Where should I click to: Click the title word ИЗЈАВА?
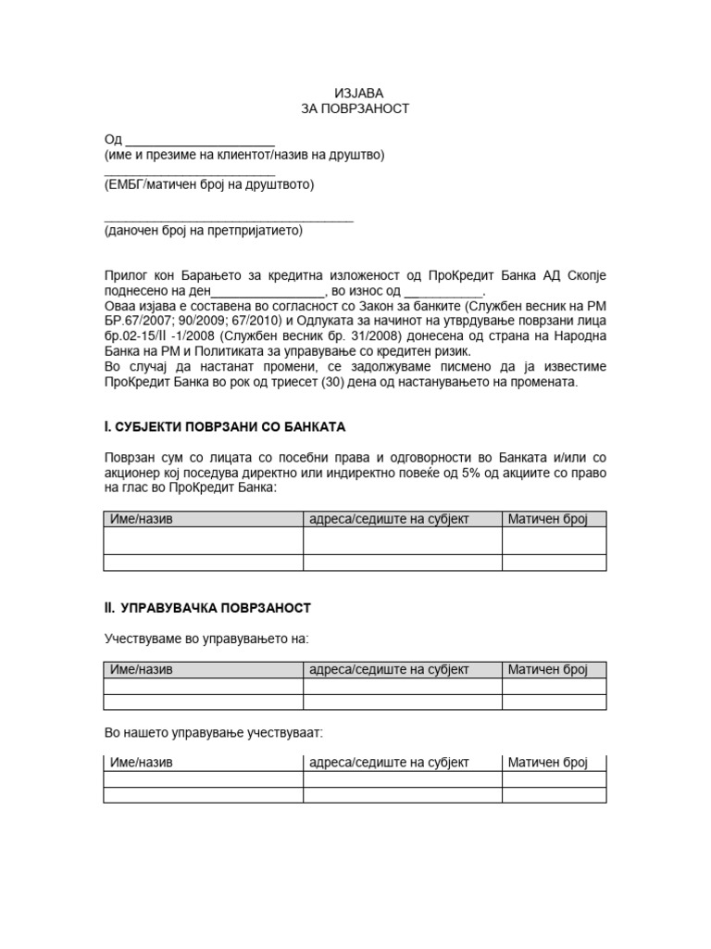(x=356, y=93)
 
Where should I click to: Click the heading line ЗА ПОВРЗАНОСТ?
(x=355, y=108)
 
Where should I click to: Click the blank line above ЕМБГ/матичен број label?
(x=189, y=173)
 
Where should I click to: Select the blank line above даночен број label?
(x=228, y=220)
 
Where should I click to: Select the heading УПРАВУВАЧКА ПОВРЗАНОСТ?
(x=213, y=608)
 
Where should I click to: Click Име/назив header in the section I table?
(x=141, y=519)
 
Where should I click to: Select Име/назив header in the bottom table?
(x=141, y=763)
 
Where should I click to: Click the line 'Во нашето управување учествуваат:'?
(x=213, y=732)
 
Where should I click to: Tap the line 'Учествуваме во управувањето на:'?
(x=206, y=639)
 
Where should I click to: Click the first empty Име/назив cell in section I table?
(x=204, y=540)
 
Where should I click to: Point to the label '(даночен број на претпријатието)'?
(x=204, y=231)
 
